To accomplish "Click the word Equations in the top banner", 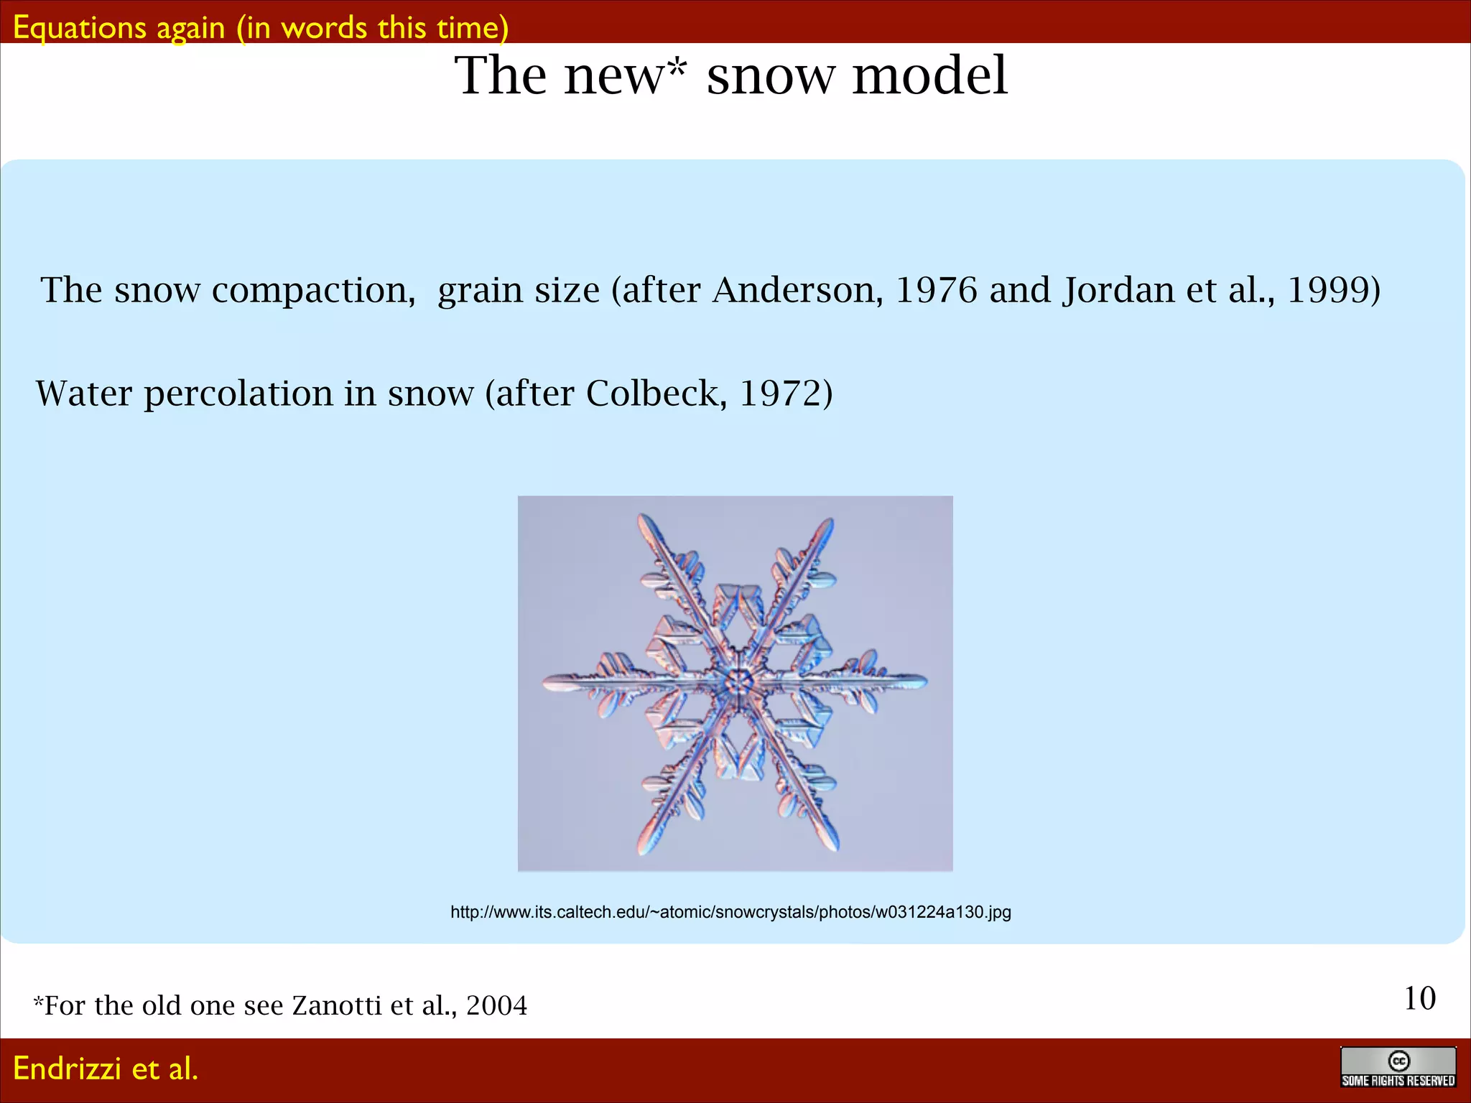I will click(80, 29).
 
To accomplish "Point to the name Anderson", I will click(797, 290).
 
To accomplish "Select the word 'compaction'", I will click(313, 292).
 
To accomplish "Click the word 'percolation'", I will click(238, 394).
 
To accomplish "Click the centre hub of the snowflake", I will click(737, 680).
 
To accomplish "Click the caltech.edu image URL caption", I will click(730, 912).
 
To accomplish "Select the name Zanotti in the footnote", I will click(336, 1005).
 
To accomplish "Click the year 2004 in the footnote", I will click(496, 1005).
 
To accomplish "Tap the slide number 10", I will click(1419, 998).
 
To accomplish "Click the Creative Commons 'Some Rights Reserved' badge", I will click(1398, 1067).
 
